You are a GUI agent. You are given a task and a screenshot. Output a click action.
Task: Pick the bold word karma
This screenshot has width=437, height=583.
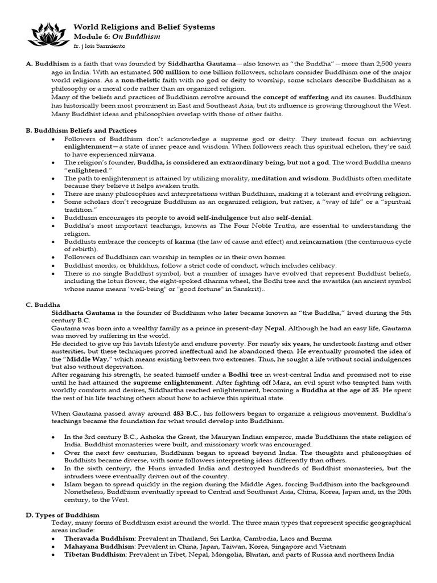tap(184, 241)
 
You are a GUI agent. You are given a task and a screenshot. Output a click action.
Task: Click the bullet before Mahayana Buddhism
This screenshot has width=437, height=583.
tap(53, 545)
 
